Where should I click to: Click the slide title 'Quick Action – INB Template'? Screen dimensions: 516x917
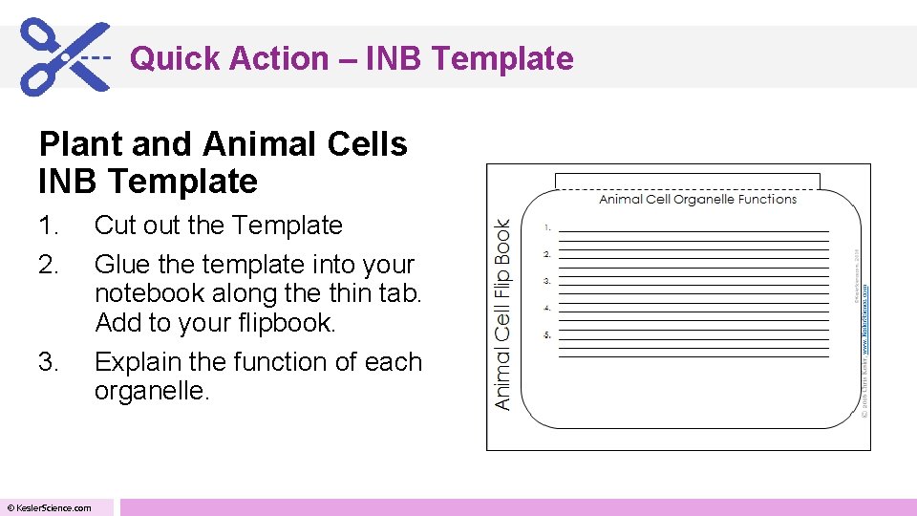pyautogui.click(x=352, y=59)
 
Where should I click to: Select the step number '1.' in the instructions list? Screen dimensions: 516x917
pyautogui.click(x=48, y=226)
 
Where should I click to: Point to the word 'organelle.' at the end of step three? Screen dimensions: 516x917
pyautogui.click(x=151, y=392)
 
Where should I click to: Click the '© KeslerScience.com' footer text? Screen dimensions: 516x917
pyautogui.click(x=50, y=507)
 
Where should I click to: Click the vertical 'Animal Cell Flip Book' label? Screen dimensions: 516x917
pyautogui.click(x=503, y=314)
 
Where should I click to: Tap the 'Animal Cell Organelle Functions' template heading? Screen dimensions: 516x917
pyautogui.click(x=697, y=199)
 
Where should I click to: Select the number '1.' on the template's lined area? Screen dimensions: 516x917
pyautogui.click(x=547, y=228)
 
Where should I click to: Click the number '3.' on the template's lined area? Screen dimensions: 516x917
pyautogui.click(x=547, y=282)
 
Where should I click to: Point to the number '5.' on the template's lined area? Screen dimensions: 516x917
pyautogui.click(x=547, y=335)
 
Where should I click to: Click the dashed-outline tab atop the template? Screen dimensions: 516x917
pyautogui.click(x=688, y=181)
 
